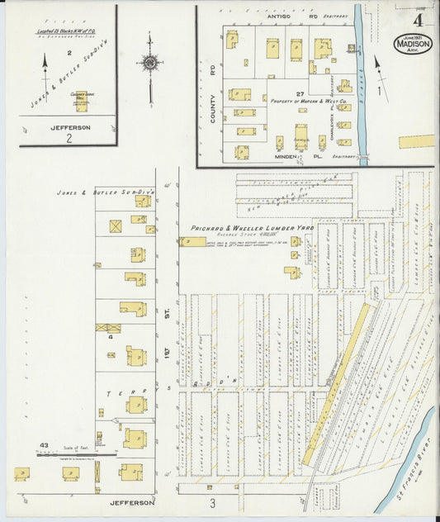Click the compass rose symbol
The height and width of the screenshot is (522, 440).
tap(150, 64)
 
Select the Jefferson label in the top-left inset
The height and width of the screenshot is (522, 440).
tap(70, 128)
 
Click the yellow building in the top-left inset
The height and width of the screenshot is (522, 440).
tap(81, 100)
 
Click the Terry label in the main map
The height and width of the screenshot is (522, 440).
tap(135, 391)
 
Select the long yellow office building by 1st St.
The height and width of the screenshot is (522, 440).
tap(194, 242)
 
